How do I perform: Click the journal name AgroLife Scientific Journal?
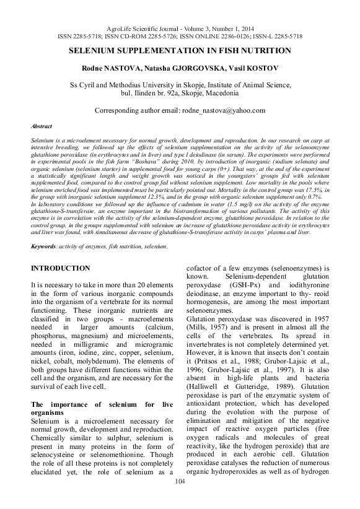(x=146, y=29)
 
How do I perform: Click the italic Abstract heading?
(x=42, y=126)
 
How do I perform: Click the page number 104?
(x=180, y=498)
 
